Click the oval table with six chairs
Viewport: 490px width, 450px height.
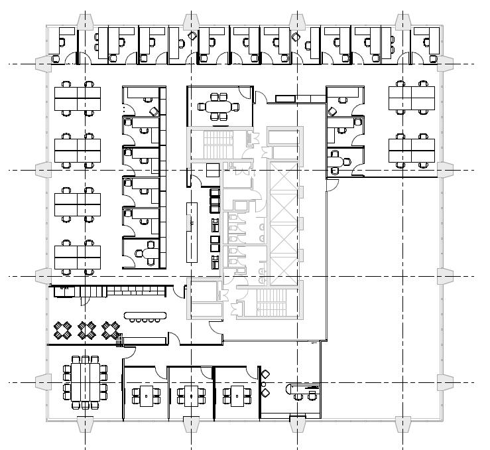tap(219, 106)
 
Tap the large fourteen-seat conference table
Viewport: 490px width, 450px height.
tap(85, 382)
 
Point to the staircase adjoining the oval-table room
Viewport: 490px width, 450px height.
tap(214, 143)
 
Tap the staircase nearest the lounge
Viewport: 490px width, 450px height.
tap(203, 297)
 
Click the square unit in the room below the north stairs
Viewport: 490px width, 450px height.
tap(212, 170)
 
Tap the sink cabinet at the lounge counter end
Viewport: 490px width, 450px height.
tap(62, 289)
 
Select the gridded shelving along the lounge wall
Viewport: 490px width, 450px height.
tap(135, 290)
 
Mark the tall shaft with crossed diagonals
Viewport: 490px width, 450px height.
tap(283, 222)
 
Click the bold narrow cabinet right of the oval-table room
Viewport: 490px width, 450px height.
tap(288, 99)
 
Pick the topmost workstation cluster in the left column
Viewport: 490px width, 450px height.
tap(77, 98)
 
